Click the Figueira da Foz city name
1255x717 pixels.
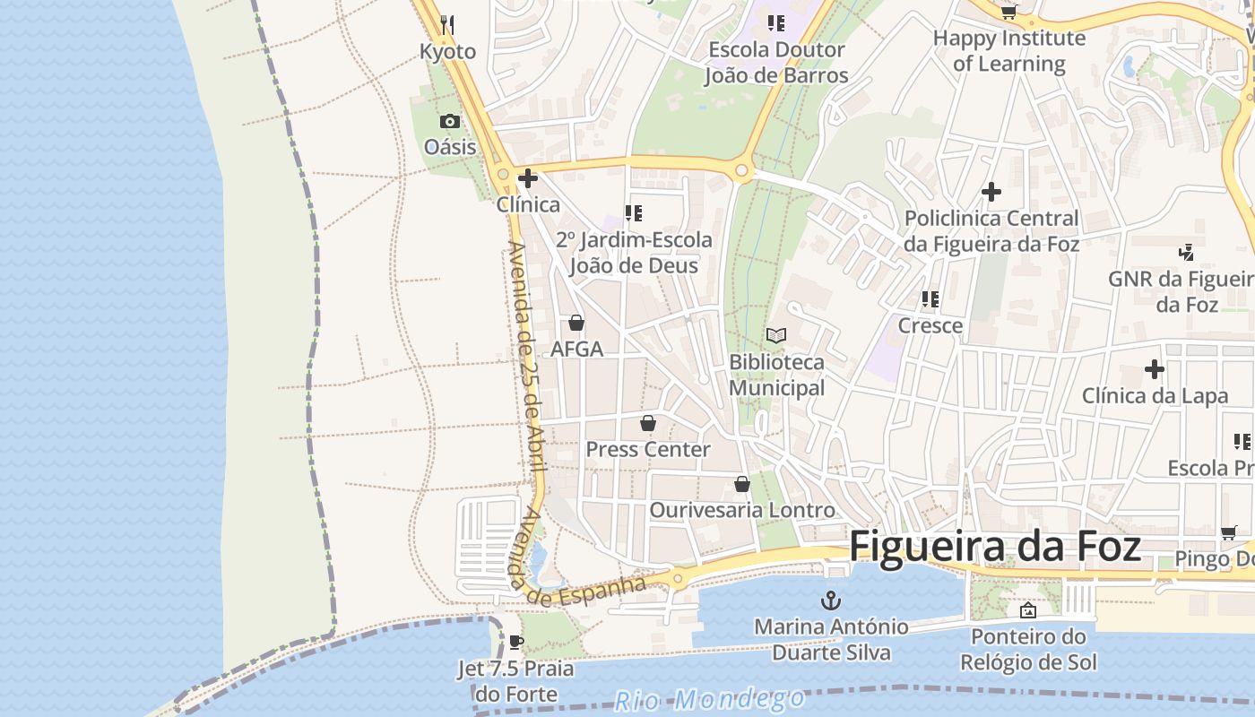tap(995, 546)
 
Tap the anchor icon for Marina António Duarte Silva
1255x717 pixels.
tap(832, 600)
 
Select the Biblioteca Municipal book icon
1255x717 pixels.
tap(776, 335)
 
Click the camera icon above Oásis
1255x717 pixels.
tap(450, 121)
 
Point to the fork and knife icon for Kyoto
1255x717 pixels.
tap(447, 24)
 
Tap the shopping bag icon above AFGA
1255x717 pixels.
tap(576, 323)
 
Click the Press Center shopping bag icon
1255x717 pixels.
tap(648, 422)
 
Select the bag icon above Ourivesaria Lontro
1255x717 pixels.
tap(742, 484)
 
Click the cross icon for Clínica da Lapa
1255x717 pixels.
tap(1155, 368)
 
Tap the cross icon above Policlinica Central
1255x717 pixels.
tap(991, 191)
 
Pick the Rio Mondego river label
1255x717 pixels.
tap(710, 698)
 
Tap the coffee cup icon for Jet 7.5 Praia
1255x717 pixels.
tap(515, 642)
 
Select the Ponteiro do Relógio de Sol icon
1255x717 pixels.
tap(1028, 610)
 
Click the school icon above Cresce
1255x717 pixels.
tap(930, 298)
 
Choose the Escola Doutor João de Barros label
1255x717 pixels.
tap(776, 63)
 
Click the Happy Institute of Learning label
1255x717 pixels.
tap(1009, 51)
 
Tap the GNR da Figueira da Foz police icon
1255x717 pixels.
tap(1187, 252)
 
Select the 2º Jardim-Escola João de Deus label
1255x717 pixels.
tap(634, 253)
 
